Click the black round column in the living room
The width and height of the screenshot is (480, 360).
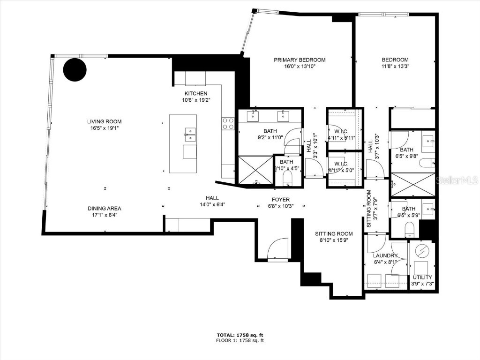click(x=75, y=70)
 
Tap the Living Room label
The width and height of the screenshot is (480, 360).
click(x=102, y=122)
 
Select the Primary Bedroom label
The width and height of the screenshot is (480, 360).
click(x=300, y=60)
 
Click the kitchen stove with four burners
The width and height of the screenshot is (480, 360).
click(x=228, y=123)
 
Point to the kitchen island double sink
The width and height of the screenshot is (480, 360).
click(x=189, y=135)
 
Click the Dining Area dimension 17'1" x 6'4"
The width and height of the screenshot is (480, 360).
click(x=104, y=215)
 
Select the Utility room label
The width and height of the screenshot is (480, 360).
click(x=422, y=277)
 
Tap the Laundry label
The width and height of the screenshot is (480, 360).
click(x=385, y=255)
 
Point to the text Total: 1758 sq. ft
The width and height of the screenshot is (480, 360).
click(x=240, y=335)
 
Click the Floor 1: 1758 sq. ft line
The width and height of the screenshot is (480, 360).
click(x=240, y=341)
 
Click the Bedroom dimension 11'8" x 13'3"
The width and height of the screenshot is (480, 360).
click(x=395, y=67)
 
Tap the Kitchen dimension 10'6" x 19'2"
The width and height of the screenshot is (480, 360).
click(x=195, y=100)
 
